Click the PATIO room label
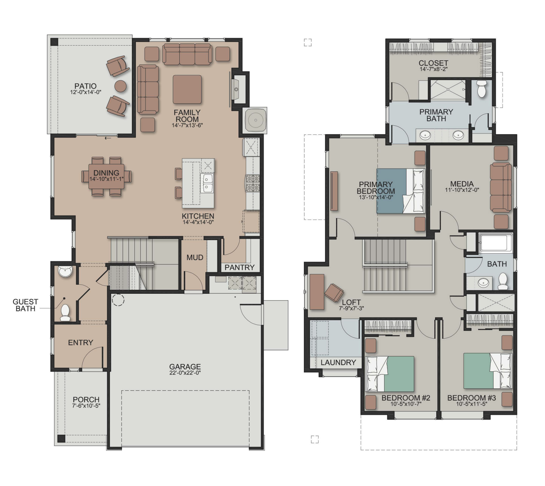(85, 86)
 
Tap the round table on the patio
(120, 86)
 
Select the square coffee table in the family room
(187, 89)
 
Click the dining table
(107, 176)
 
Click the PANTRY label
(239, 267)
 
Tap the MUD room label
(195, 258)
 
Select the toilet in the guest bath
(65, 312)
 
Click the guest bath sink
(66, 271)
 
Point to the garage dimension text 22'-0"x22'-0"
(185, 373)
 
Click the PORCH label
(86, 399)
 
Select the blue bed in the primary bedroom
(400, 191)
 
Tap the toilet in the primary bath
(481, 88)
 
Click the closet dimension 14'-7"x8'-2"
(433, 69)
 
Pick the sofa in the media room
(500, 187)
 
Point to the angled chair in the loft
(334, 293)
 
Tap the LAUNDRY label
(338, 362)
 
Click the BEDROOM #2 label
(406, 398)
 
